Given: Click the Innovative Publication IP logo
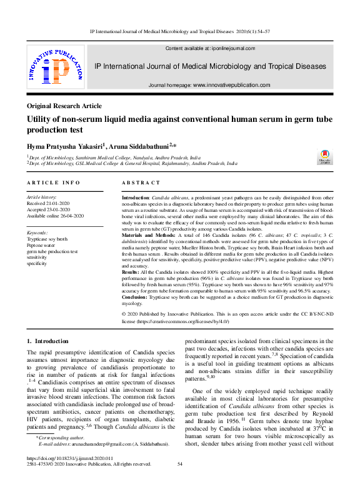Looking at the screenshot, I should point(54,66).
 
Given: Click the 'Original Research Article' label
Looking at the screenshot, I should point(64,106).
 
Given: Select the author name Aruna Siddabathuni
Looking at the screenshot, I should point(142,145).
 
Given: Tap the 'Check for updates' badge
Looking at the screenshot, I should point(324,157).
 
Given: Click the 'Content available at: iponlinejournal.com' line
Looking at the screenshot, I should point(210,48).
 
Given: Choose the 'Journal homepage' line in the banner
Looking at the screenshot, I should point(210,85).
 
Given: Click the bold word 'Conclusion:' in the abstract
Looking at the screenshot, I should point(136,297).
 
